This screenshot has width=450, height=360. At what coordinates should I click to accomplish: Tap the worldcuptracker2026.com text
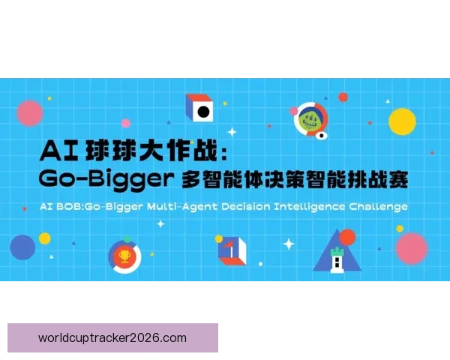[x=112, y=337]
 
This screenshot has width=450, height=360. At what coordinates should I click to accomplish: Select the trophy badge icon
[x=124, y=256]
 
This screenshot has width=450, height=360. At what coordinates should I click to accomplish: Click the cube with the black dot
[x=201, y=110]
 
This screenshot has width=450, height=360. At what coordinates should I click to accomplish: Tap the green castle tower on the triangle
[x=337, y=259]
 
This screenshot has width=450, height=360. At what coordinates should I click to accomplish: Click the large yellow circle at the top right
[x=402, y=120]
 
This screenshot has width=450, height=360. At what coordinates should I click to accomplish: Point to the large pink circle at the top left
[x=30, y=112]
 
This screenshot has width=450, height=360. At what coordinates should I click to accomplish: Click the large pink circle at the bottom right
[x=411, y=247]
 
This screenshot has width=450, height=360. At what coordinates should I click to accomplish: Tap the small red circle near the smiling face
[x=343, y=97]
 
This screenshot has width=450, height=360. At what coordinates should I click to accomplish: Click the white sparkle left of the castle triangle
[x=289, y=244]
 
